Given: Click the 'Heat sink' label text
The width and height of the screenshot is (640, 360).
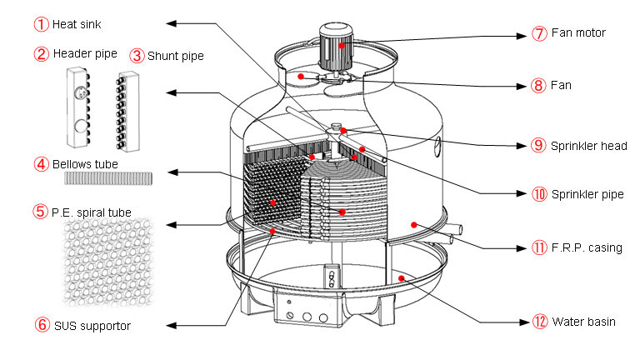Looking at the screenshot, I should [x=76, y=24].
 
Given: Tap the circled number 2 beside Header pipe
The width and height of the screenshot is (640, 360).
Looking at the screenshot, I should [x=41, y=54].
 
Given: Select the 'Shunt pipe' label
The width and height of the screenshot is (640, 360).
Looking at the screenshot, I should [x=175, y=56].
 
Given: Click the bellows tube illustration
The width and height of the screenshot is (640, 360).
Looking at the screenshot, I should [x=108, y=178].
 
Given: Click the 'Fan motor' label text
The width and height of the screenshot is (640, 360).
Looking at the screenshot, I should [x=577, y=33].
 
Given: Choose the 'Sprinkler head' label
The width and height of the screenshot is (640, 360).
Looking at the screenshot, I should [x=588, y=146].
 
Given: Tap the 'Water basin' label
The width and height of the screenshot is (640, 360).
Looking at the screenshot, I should [x=583, y=321].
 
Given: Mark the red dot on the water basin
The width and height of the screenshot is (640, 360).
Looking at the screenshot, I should [x=401, y=277].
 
